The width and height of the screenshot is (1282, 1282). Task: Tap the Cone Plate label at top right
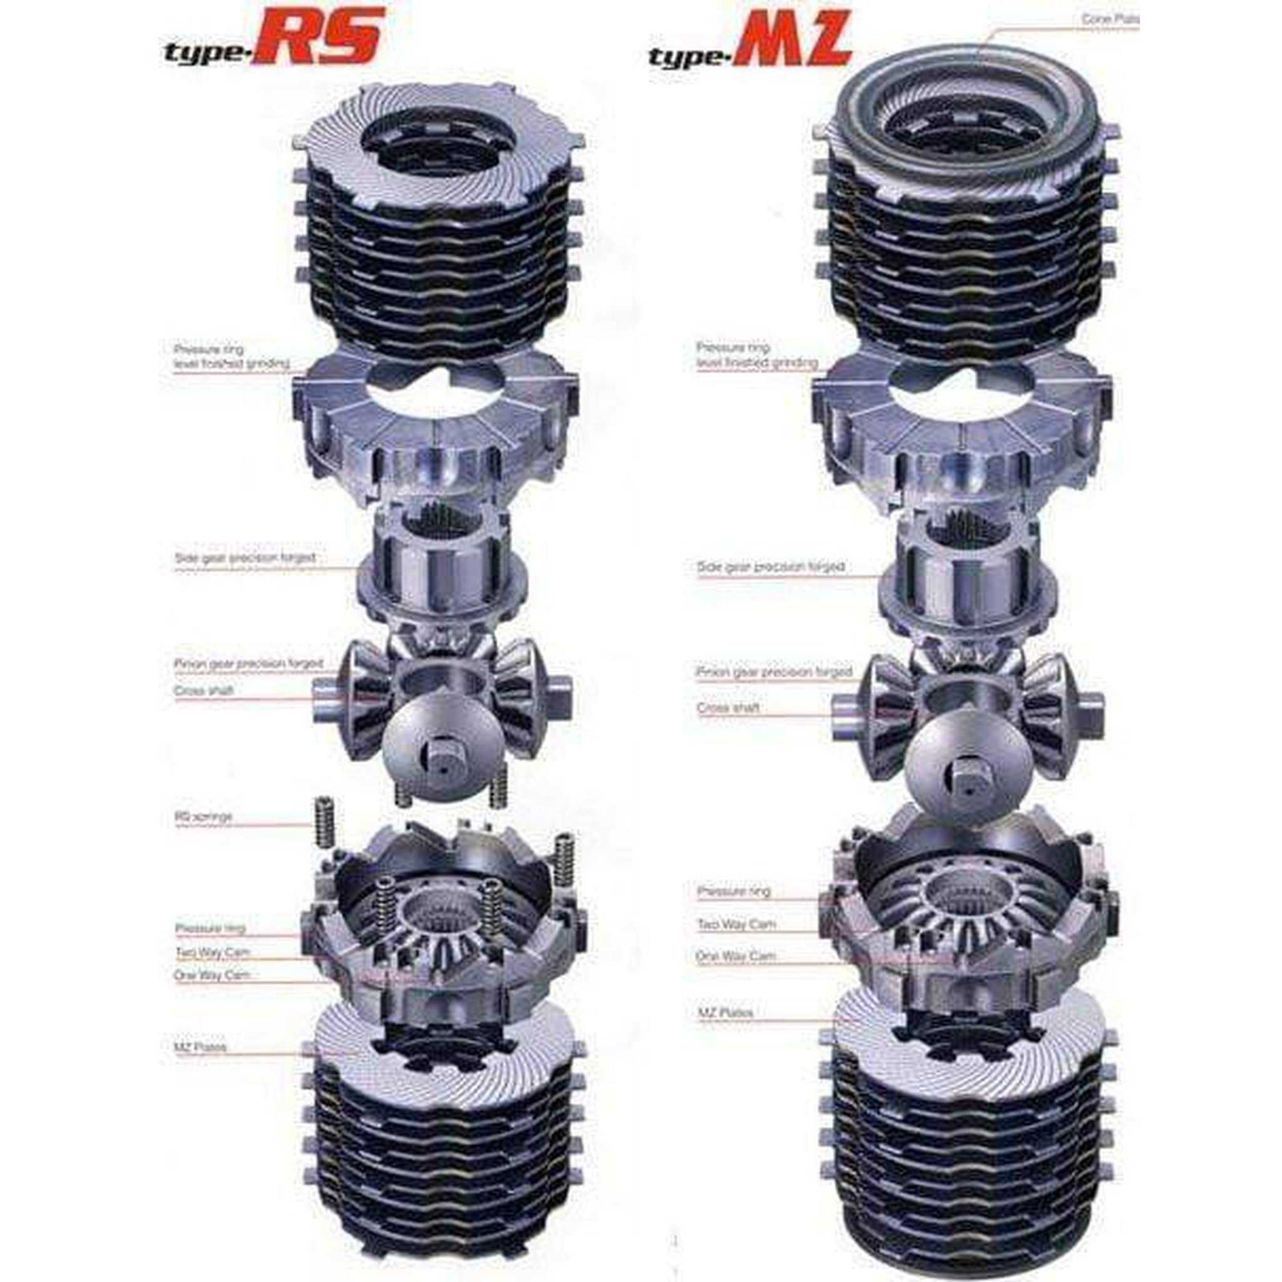[1109, 20]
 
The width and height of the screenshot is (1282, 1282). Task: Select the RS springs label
[203, 817]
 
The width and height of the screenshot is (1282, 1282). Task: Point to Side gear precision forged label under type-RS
[245, 558]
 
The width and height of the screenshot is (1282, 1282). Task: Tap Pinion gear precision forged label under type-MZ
[773, 672]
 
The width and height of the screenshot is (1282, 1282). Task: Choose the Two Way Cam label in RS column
[212, 952]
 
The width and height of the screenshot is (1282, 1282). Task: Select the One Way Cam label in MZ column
[736, 956]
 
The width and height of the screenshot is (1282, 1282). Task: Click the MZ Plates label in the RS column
[200, 1047]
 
